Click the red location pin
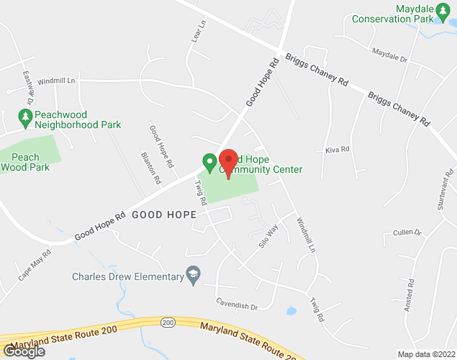point(228,163)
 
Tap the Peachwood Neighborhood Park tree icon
point(25,115)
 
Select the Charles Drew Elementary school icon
point(192,274)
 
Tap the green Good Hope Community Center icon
point(209,162)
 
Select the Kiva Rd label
point(337,150)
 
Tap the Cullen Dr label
point(407,233)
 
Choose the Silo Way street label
point(268,238)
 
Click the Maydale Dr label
point(389,55)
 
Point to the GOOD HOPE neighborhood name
point(164,215)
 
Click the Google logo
point(23,351)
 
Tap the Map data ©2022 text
point(425,354)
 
